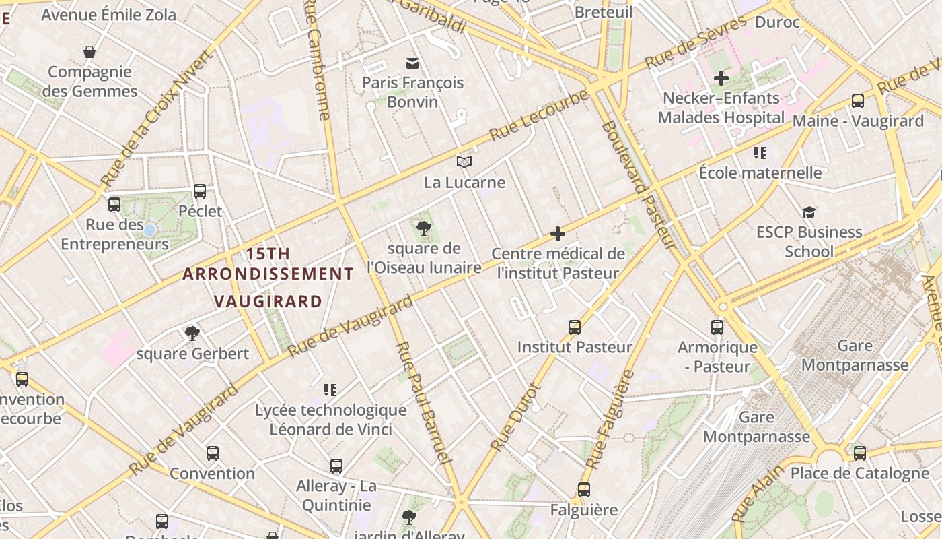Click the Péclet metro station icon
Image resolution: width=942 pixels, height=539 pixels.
pyautogui.click(x=200, y=191)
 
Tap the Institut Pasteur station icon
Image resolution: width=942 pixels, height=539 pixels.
pyautogui.click(x=575, y=327)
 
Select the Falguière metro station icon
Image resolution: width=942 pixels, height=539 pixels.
pyautogui.click(x=584, y=490)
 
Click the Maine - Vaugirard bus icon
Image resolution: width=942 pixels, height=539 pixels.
pyautogui.click(x=858, y=101)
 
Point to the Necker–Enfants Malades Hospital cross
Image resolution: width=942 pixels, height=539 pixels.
pyautogui.click(x=721, y=78)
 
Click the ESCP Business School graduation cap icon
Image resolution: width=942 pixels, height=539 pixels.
pyautogui.click(x=809, y=213)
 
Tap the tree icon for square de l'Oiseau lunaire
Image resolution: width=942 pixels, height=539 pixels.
pyautogui.click(x=423, y=228)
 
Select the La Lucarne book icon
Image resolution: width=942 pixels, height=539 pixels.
pyautogui.click(x=464, y=162)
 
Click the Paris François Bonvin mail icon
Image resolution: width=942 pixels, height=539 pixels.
pyautogui.click(x=412, y=63)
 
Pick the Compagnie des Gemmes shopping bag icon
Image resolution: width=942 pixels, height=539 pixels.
pyautogui.click(x=89, y=52)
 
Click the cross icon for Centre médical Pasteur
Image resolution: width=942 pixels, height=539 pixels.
pyautogui.click(x=558, y=234)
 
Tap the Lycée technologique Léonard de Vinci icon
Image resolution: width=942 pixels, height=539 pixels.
pyautogui.click(x=330, y=389)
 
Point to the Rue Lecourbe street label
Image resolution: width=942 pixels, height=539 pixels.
pyautogui.click(x=540, y=115)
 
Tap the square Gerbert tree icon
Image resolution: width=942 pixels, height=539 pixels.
pyautogui.click(x=192, y=333)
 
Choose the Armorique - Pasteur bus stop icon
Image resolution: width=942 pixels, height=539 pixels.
pyautogui.click(x=717, y=327)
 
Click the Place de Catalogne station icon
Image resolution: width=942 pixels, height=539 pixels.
pyautogui.click(x=860, y=453)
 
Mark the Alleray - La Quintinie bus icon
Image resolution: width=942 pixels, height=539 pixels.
pyautogui.click(x=336, y=466)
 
